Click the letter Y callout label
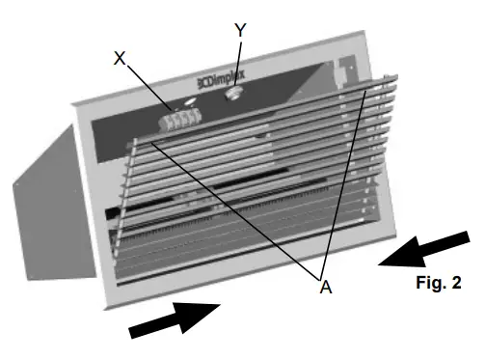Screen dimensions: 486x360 point(240,30)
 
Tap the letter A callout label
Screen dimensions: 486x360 point(325,286)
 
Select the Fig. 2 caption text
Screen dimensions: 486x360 point(439,283)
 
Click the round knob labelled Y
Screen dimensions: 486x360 point(232,95)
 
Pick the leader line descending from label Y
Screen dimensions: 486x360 point(237,63)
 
